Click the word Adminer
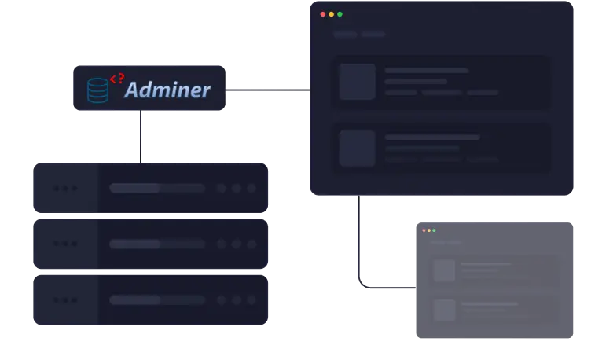[x=167, y=90]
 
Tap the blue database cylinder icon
[x=98, y=90]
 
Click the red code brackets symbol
[x=117, y=79]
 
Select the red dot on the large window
[x=323, y=14]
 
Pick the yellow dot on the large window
[x=332, y=14]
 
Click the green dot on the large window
[x=340, y=14]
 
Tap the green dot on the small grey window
[x=434, y=230]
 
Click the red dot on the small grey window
[x=424, y=230]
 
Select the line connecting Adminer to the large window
[x=268, y=90]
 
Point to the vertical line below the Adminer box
[x=141, y=137]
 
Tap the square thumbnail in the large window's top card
[x=358, y=82]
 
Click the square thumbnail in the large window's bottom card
[x=358, y=149]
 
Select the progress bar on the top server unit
[x=157, y=188]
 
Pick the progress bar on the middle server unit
[x=157, y=244]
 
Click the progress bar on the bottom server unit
[x=157, y=300]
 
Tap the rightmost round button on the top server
[x=251, y=188]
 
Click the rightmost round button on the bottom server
[x=251, y=300]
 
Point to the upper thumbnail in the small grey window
[x=444, y=270]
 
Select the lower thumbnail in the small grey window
[x=444, y=310]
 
